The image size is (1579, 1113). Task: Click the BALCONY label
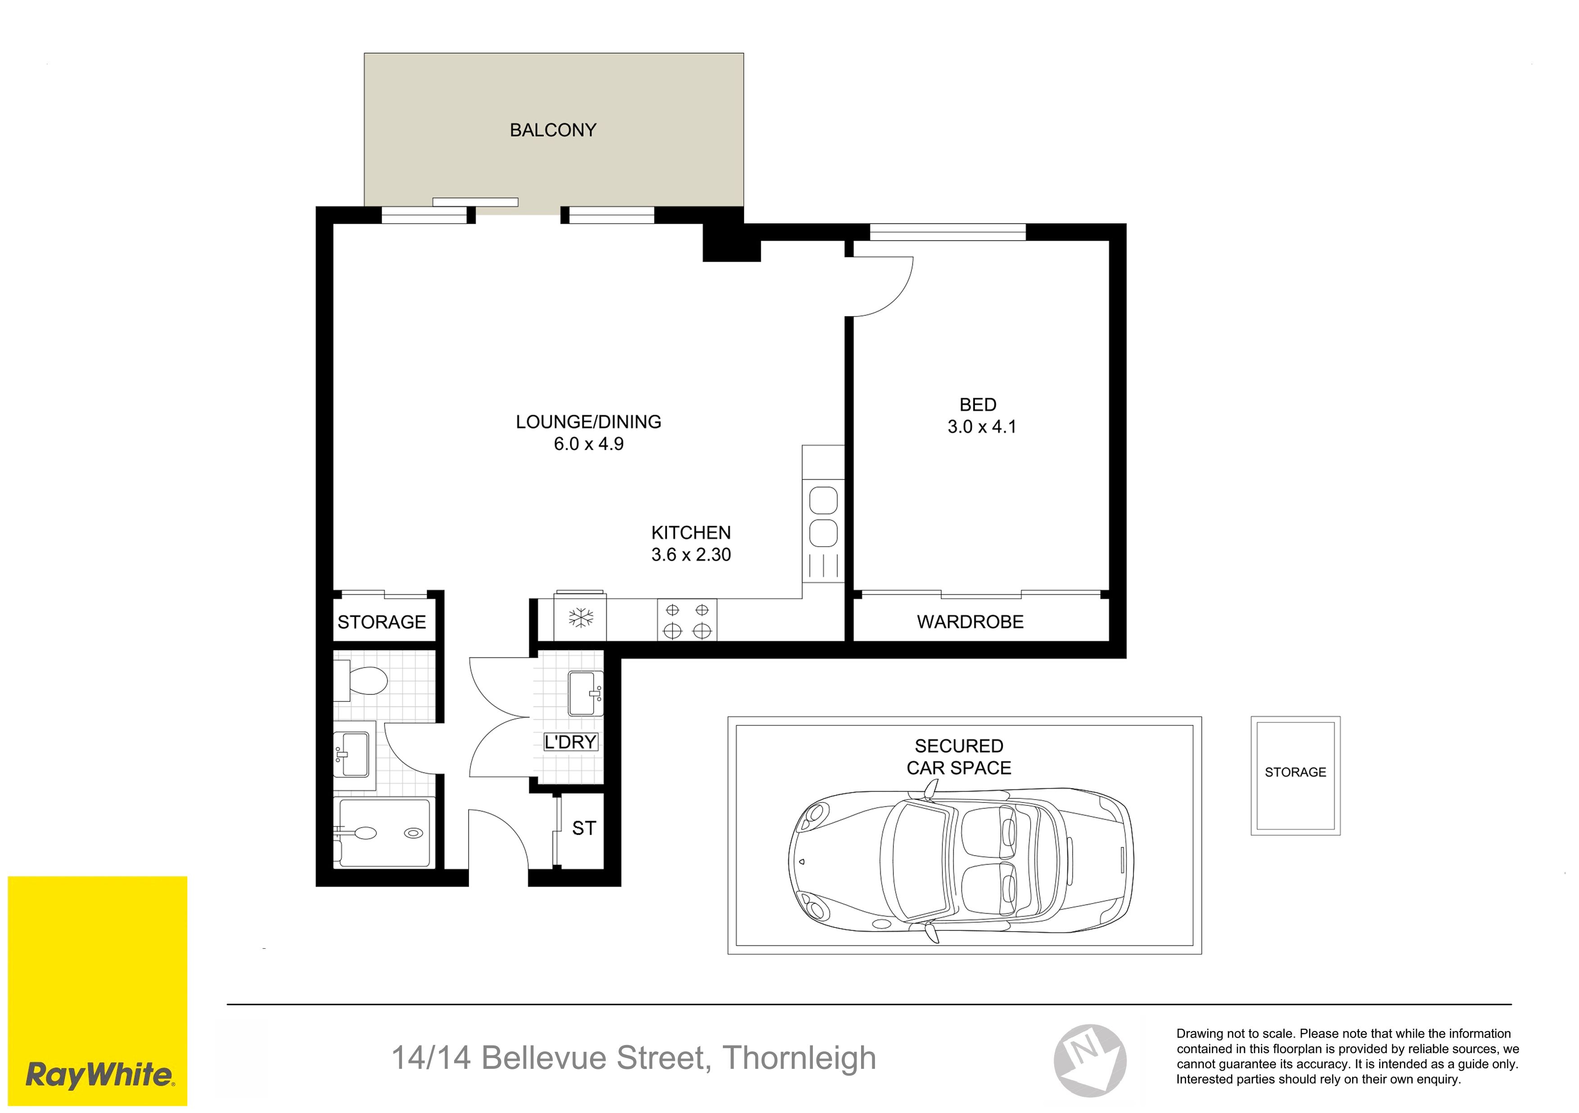552,130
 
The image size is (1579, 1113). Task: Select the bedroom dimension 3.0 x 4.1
981,427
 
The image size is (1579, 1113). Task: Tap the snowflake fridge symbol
581,617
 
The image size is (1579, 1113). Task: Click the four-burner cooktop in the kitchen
687,620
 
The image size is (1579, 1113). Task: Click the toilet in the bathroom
362,680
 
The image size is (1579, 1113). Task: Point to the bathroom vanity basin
352,754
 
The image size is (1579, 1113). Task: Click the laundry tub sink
585,694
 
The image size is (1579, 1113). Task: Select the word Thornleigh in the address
799,1058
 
